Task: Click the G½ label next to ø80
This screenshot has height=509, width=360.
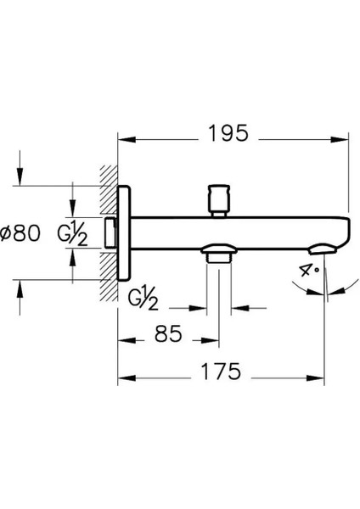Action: [72, 233]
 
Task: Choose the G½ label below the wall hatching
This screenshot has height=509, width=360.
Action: [143, 298]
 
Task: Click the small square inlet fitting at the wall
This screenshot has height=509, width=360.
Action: [110, 231]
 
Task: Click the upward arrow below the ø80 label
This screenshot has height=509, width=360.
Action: [18, 288]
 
